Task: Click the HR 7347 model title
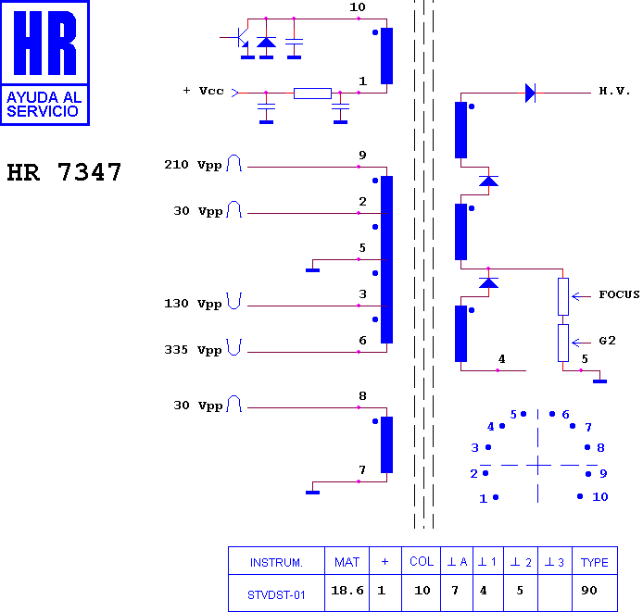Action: (x=64, y=172)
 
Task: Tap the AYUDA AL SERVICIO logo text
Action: (x=44, y=104)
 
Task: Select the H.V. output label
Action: (x=614, y=91)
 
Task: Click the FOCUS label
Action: (x=619, y=294)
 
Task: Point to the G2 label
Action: (x=607, y=341)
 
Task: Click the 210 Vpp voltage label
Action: (x=193, y=165)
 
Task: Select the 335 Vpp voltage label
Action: (x=193, y=350)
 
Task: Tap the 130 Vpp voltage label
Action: (x=193, y=304)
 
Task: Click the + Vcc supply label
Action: (x=204, y=91)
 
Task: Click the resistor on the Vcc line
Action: (x=312, y=94)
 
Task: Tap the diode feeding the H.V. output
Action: (x=530, y=94)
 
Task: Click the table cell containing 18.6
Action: (x=347, y=591)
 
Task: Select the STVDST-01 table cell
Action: (x=276, y=595)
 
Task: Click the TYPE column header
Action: (x=595, y=562)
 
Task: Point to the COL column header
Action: (x=422, y=561)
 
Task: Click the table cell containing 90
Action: (x=589, y=591)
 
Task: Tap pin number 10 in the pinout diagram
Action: (x=600, y=497)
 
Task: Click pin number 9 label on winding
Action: (x=362, y=156)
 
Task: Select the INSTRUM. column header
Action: (x=276, y=562)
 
